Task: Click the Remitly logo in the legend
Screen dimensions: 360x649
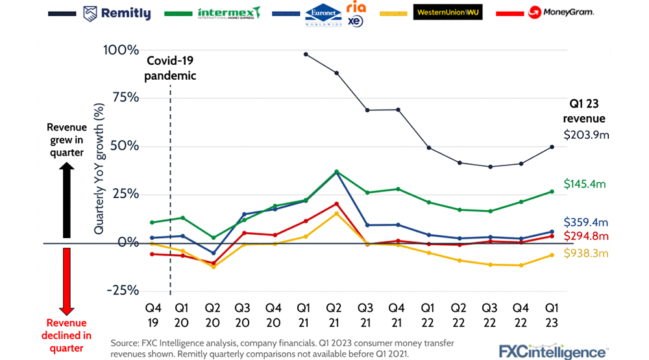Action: pos(117,13)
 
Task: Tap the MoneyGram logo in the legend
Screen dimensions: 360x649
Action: pos(561,12)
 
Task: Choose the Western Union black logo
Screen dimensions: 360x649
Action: pos(448,12)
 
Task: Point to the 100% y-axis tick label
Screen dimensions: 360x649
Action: pos(121,50)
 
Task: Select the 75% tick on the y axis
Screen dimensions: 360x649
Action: pos(124,98)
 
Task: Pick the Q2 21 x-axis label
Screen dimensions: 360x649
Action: pos(334,313)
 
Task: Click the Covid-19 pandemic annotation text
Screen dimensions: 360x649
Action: pos(171,68)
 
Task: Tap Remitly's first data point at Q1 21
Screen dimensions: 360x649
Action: pos(305,54)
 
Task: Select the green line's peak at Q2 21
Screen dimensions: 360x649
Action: pos(336,172)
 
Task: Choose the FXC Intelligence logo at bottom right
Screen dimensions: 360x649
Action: pos(553,352)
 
